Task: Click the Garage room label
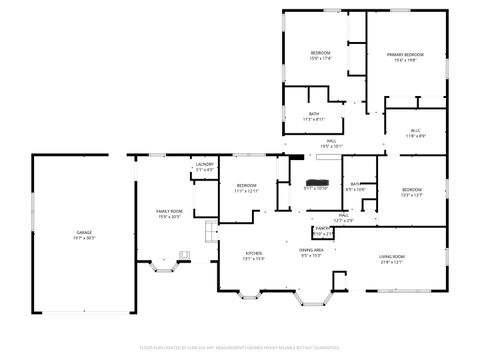point(85,232)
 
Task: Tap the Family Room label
point(169,211)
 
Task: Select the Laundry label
point(204,164)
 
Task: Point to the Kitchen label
point(254,254)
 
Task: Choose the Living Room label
point(391,257)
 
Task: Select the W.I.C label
point(417,130)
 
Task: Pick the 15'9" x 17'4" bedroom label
point(320,52)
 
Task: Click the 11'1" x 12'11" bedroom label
point(246,186)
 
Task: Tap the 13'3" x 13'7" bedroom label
point(411,189)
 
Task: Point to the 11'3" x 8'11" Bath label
point(314,114)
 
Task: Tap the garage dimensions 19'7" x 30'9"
point(85,237)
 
